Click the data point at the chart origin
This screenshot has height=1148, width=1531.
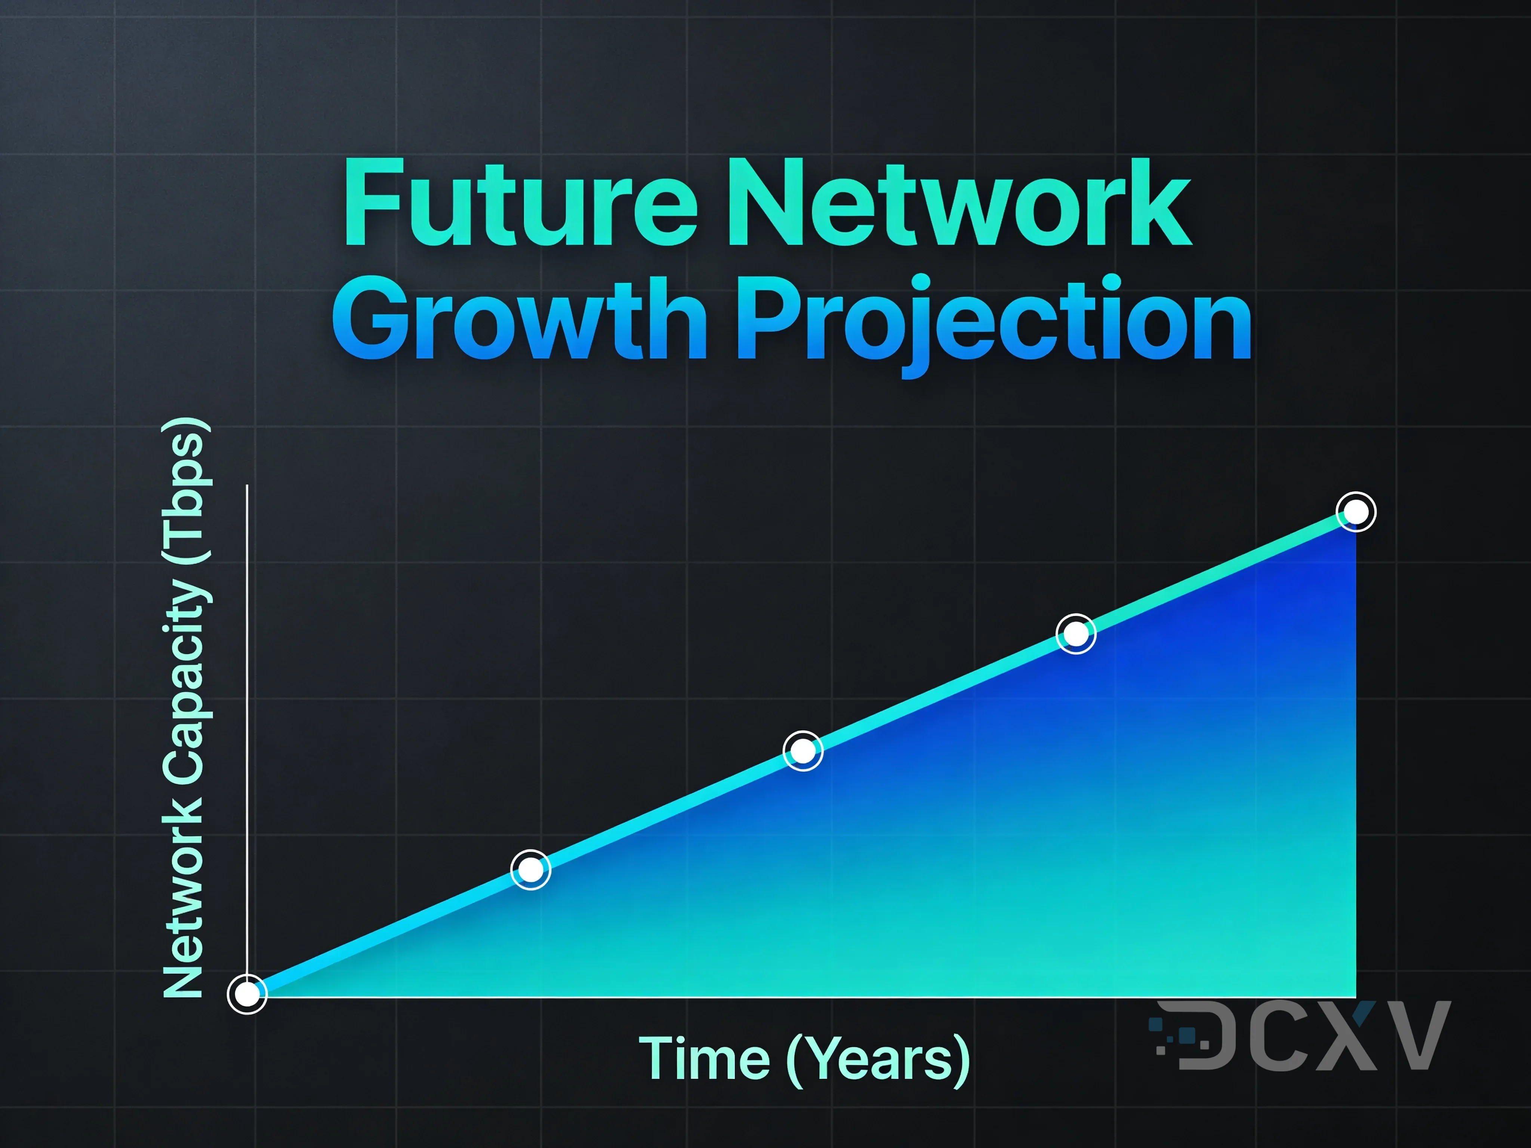[247, 994]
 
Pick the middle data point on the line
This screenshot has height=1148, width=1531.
[803, 751]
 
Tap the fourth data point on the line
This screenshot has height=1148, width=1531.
[1076, 633]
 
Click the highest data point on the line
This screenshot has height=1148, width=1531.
[1355, 512]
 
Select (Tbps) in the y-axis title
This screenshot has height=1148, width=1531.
[185, 491]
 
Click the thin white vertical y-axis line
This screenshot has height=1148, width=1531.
[247, 692]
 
